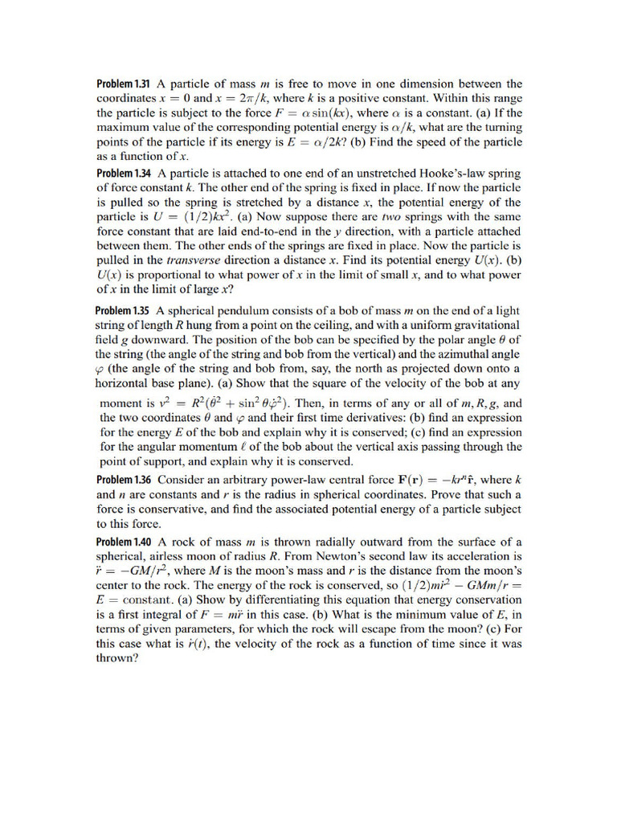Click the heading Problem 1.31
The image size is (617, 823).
[x=125, y=84]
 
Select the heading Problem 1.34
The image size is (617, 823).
[x=125, y=174]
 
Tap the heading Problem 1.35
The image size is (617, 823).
[x=124, y=311]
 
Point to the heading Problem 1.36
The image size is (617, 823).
[x=125, y=481]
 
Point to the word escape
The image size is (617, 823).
[x=413, y=629]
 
